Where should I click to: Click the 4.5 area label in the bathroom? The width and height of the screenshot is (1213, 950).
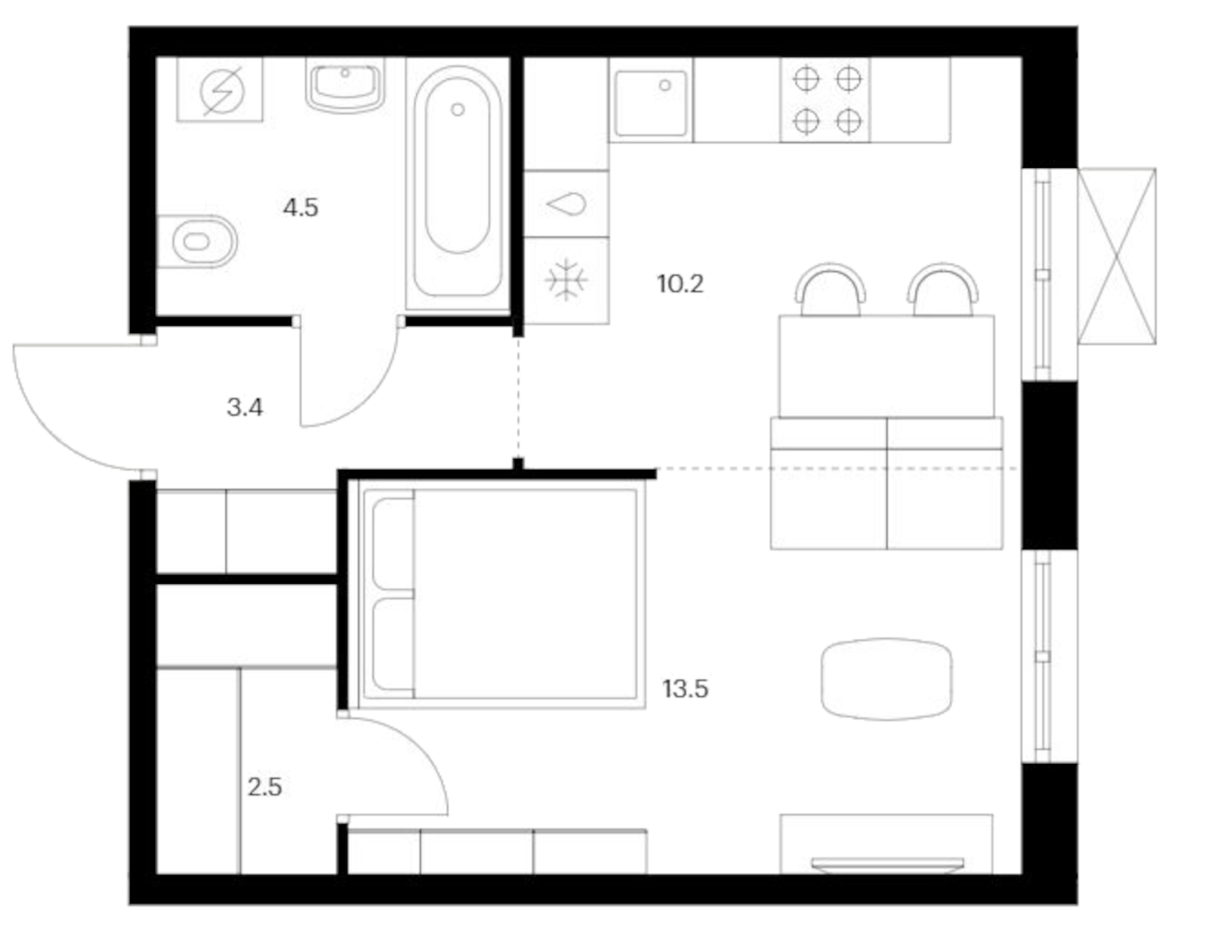[301, 208]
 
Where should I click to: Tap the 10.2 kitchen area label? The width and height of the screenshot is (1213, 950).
[680, 284]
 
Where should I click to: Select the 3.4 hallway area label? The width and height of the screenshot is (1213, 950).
[245, 407]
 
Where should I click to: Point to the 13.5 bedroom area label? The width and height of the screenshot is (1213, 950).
[685, 689]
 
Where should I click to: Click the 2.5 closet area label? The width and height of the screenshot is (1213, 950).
[264, 787]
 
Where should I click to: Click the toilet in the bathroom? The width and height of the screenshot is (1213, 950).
[198, 241]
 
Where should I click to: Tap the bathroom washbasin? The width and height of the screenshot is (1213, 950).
[345, 85]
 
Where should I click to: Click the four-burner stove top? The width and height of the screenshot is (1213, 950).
[826, 100]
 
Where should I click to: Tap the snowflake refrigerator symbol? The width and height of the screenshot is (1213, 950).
[566, 280]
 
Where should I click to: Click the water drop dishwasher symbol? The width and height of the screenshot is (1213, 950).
[566, 204]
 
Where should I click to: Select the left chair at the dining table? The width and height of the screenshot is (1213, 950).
[830, 290]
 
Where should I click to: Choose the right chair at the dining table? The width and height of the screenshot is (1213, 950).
[943, 290]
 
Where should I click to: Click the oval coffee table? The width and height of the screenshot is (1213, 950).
[886, 679]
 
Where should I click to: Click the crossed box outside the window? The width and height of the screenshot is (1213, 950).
[1116, 256]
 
